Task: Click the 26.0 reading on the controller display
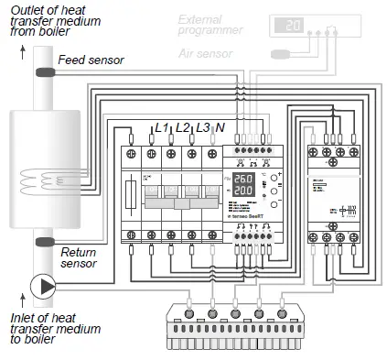(x=244, y=179)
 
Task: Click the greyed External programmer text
(x=212, y=24)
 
